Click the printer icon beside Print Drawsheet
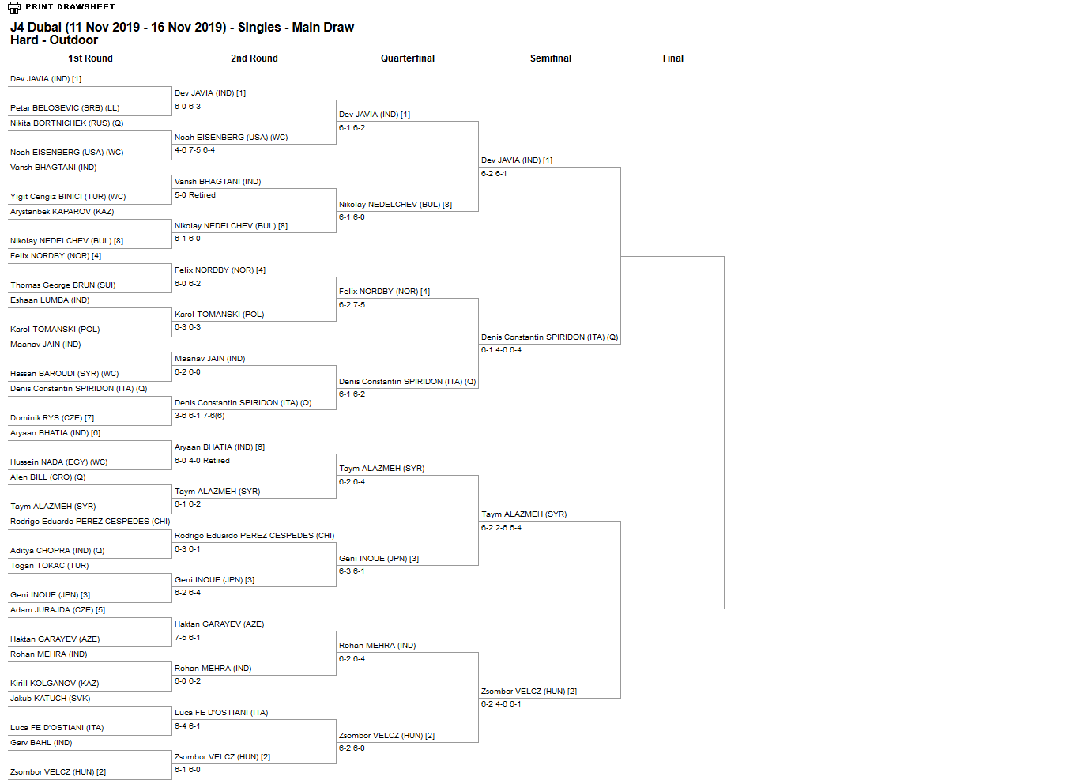pos(14,7)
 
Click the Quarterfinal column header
pos(408,58)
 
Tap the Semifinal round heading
pos(551,58)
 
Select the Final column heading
pos(673,58)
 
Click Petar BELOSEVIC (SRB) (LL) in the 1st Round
pos(65,108)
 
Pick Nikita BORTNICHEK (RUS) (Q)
pos(66,123)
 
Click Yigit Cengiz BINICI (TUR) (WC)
pos(68,197)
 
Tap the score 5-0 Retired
pos(194,195)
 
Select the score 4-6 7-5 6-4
pos(194,150)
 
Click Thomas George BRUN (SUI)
pos(62,285)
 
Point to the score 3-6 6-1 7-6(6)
pos(199,416)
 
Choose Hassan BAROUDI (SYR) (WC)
pos(64,374)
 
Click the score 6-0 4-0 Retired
pos(202,461)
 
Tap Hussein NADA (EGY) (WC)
pos(59,462)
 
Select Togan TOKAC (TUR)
pos(50,566)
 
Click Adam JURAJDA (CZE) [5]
pos(58,610)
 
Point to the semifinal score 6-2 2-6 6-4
pos(501,528)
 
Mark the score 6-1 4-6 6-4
pos(501,350)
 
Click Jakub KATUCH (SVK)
pos(50,699)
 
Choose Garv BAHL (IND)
pos(41,743)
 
